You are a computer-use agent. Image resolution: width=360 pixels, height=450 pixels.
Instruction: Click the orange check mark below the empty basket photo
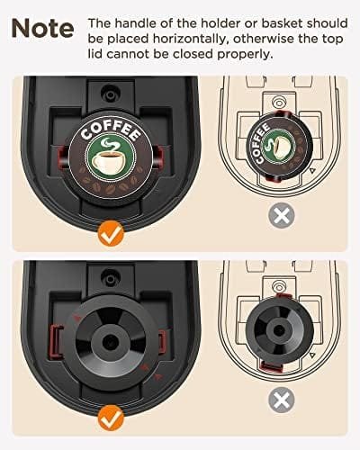point(111,417)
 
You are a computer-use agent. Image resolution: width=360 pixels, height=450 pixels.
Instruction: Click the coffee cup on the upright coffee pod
point(114,161)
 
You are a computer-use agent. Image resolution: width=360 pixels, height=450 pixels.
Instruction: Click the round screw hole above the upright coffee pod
point(108,94)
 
